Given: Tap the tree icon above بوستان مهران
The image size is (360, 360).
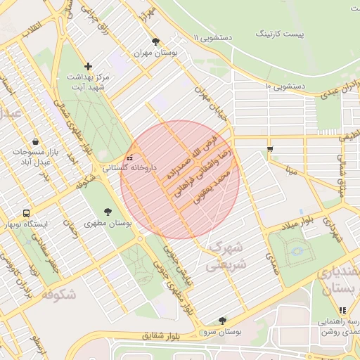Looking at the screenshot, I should tap(155, 41).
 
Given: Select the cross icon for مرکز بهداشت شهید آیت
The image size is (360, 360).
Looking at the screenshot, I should tap(88, 65).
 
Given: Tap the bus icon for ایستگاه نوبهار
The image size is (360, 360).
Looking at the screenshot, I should tap(27, 213).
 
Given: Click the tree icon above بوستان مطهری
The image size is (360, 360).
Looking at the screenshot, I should tap(108, 211).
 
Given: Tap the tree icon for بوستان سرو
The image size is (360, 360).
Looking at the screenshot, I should tap(223, 321).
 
